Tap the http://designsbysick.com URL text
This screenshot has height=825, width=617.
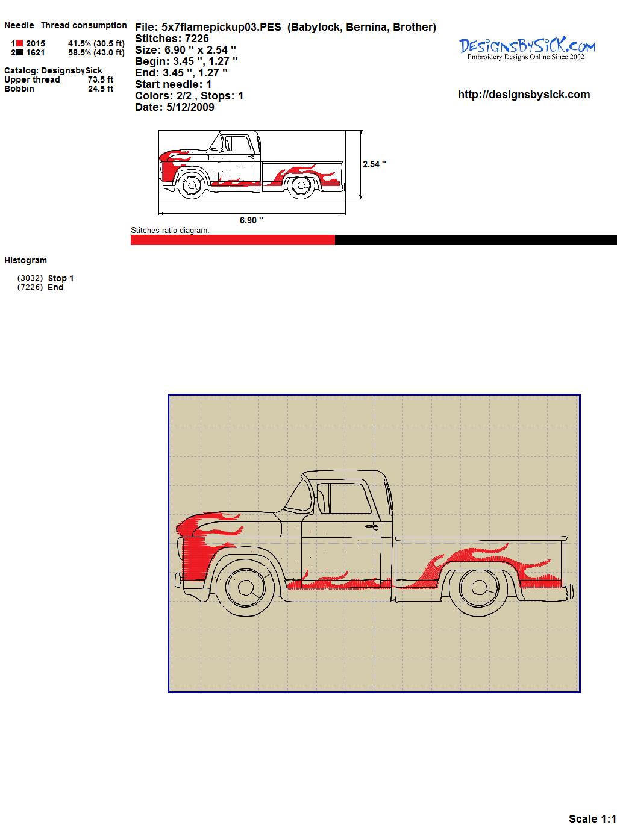click(524, 95)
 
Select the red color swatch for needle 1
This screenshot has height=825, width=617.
click(20, 43)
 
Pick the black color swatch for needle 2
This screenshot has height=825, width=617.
click(20, 52)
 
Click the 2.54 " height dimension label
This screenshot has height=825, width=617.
click(374, 164)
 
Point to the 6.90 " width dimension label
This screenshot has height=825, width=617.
click(251, 220)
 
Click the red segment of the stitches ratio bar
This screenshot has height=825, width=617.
click(233, 240)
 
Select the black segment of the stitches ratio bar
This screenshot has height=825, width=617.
click(476, 240)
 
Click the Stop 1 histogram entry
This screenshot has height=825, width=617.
click(61, 278)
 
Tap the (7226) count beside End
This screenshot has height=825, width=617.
click(30, 287)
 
